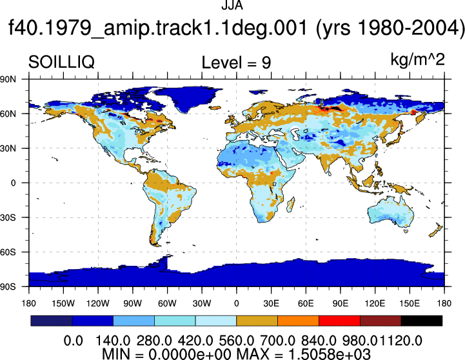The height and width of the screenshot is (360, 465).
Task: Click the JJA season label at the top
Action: pyautogui.click(x=232, y=5)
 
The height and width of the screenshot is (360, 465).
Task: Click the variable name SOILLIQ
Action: pyautogui.click(x=61, y=63)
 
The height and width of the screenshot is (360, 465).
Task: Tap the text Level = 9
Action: pyautogui.click(x=236, y=63)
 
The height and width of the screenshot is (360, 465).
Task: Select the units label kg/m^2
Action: pyautogui.click(x=417, y=60)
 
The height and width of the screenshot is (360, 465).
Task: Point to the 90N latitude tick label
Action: pyautogui.click(x=8, y=79)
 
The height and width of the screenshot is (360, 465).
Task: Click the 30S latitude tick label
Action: pyautogui.click(x=8, y=217)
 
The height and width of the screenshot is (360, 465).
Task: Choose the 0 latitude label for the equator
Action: pyautogui.click(x=13, y=183)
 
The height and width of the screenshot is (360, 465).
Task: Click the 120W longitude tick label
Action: pyautogui.click(x=98, y=303)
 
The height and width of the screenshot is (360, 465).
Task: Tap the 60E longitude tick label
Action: pyautogui.click(x=306, y=303)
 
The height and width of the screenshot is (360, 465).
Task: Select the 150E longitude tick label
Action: pyautogui.click(x=410, y=303)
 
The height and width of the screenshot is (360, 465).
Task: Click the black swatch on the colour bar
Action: pyautogui.click(x=421, y=321)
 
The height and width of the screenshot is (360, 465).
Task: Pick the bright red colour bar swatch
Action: pyautogui.click(x=339, y=321)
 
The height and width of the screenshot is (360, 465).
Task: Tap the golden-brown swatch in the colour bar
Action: pyautogui.click(x=257, y=321)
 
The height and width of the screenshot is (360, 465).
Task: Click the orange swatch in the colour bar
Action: pyautogui.click(x=298, y=321)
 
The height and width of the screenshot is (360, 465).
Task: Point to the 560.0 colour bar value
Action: pyautogui.click(x=236, y=341)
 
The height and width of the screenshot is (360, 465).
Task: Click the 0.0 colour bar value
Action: pyautogui.click(x=74, y=341)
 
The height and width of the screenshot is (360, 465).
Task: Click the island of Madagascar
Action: pyautogui.click(x=291, y=205)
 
